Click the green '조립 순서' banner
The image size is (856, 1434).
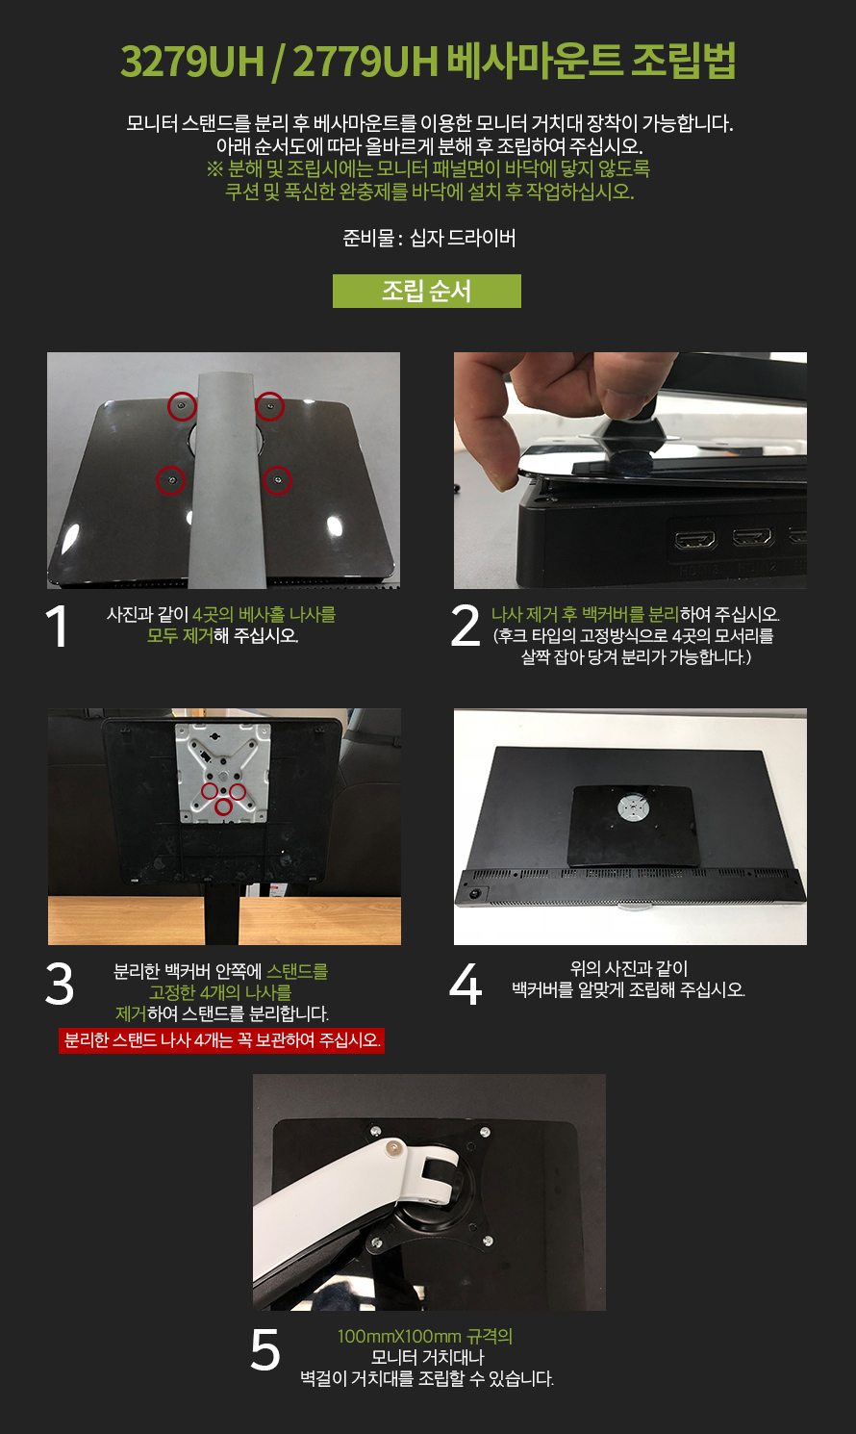click(427, 292)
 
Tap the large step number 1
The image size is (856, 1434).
click(58, 627)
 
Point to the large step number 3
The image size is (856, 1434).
click(60, 984)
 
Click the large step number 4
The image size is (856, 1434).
click(466, 984)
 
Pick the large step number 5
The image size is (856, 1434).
click(265, 1349)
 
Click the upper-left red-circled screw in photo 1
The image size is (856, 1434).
click(182, 406)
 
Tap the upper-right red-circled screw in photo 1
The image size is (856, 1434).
click(269, 406)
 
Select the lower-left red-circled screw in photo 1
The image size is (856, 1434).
click(171, 480)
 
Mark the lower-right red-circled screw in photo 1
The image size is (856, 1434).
click(277, 480)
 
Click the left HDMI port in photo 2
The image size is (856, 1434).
click(696, 541)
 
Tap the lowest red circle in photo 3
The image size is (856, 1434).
click(222, 807)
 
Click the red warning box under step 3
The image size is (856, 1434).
click(221, 1039)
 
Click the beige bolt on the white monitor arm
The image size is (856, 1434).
click(392, 1150)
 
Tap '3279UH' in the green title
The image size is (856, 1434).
click(192, 62)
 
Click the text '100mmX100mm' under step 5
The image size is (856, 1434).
click(399, 1337)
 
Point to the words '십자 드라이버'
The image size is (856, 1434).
click(463, 238)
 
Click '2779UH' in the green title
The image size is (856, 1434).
click(365, 62)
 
